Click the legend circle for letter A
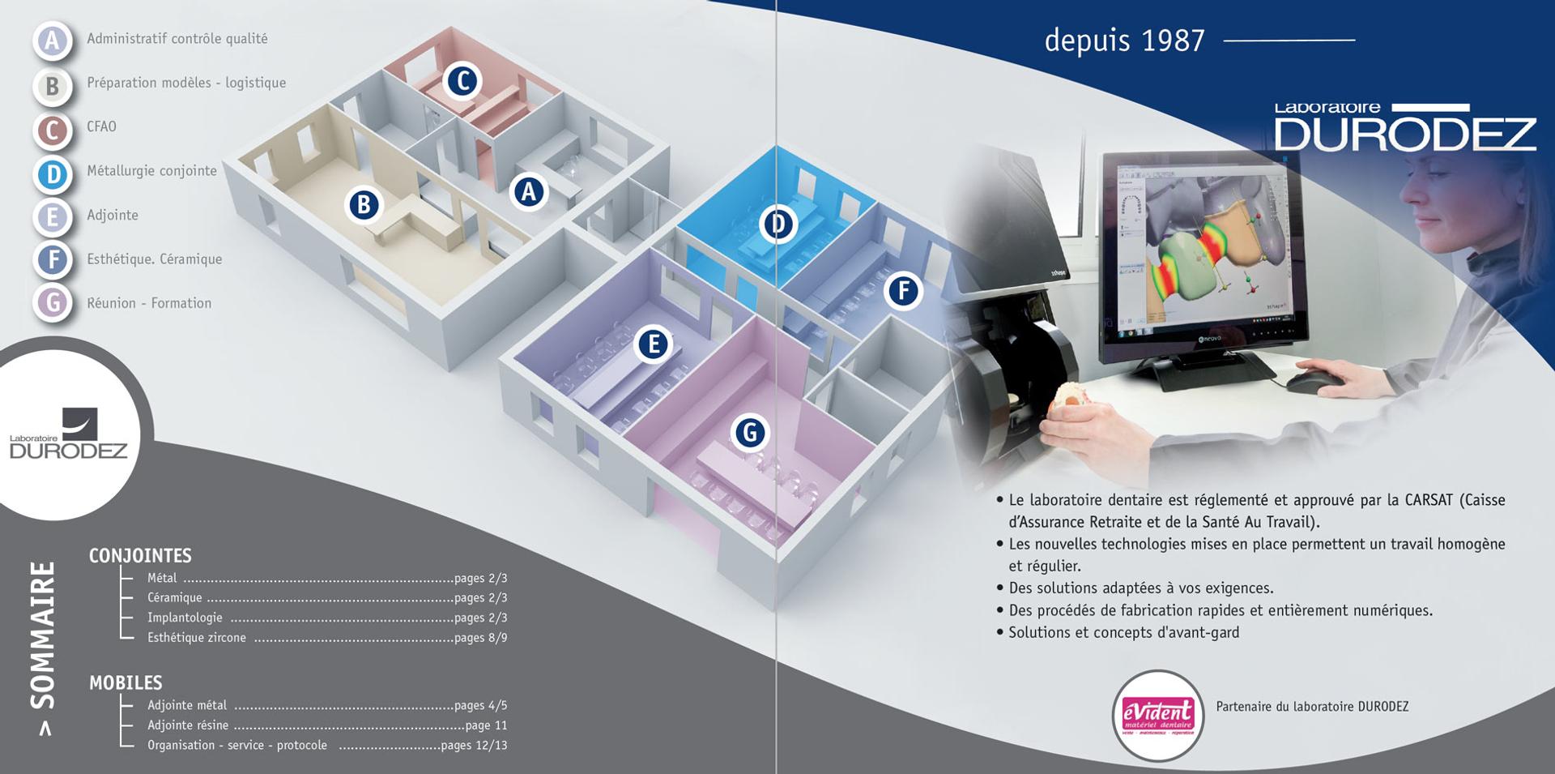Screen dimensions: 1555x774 pyautogui.click(x=53, y=40)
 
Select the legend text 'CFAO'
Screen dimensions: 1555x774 pyautogui.click(x=101, y=127)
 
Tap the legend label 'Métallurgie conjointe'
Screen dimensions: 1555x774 pyautogui.click(x=151, y=171)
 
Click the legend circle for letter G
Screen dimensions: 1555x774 pyautogui.click(x=53, y=303)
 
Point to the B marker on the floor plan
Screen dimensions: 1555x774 pyautogui.click(x=364, y=205)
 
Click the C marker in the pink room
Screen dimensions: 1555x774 pyautogui.click(x=462, y=81)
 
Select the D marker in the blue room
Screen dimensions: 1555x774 pyautogui.click(x=777, y=224)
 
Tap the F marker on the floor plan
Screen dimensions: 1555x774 pyautogui.click(x=903, y=290)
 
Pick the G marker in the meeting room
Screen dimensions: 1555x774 pyautogui.click(x=750, y=432)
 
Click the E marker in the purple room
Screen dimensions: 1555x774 pyautogui.click(x=653, y=344)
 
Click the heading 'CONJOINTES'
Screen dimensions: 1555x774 pyautogui.click(x=140, y=556)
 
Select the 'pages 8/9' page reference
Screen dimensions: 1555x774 pyautogui.click(x=481, y=638)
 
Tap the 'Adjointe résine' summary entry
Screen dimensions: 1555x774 pyautogui.click(x=188, y=725)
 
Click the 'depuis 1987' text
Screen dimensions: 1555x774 pyautogui.click(x=1124, y=41)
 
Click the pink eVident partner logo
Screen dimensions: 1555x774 pyautogui.click(x=1157, y=716)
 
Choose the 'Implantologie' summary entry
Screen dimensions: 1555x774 pyautogui.click(x=185, y=618)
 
